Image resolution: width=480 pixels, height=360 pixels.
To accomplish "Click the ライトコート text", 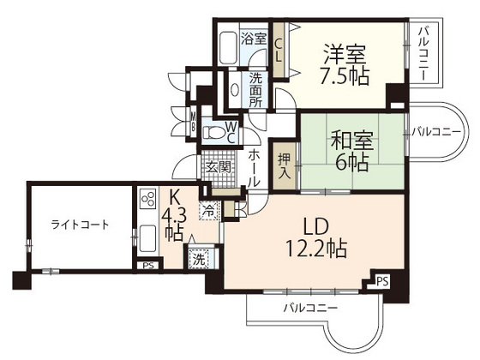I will tap(80, 225).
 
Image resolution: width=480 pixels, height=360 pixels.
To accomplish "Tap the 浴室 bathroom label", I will tap(254, 38).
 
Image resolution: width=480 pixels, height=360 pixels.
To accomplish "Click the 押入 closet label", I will tap(284, 165).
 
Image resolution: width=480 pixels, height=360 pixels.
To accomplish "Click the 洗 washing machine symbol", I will tap(198, 258).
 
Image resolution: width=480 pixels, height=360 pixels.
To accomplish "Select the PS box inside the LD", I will tap(381, 279).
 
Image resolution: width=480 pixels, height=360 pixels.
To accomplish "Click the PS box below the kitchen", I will tap(149, 266).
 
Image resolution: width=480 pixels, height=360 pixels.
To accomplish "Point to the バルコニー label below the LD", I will tap(310, 309).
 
